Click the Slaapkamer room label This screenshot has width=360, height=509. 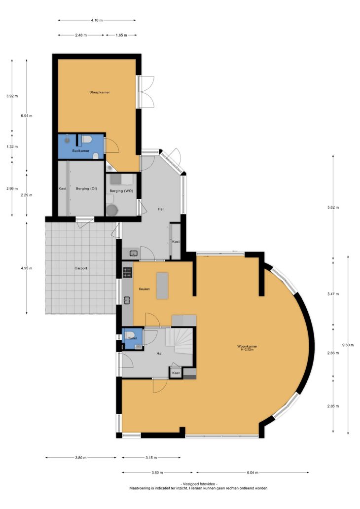pos(100,92)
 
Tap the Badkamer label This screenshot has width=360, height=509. pos(81,150)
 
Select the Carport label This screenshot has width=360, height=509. pos(81,268)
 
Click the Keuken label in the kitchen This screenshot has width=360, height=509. pos(144,289)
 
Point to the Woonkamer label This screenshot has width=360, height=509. pos(248,346)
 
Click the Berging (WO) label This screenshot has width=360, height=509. pos(121,191)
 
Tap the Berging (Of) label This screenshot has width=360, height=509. pos(86,188)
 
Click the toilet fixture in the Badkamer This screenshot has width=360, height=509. pos(86,140)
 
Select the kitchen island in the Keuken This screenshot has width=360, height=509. pos(162,286)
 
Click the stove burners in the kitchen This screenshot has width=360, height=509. pos(127,272)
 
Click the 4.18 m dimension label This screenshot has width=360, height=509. pos(97,20)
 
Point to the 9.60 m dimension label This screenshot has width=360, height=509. pos(348,345)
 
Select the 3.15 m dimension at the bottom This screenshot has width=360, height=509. pos(151,458)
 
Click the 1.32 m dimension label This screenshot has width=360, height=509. pos(12,146)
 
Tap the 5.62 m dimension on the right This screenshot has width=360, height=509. pos(333,207)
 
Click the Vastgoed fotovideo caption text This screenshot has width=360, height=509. pos(199,484)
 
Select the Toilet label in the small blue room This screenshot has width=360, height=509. pos(133,338)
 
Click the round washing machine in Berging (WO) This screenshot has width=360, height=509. pos(111,210)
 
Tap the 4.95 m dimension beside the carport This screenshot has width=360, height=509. pos(26,268)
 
